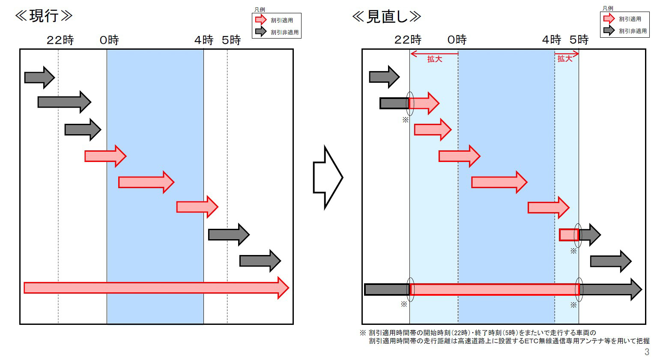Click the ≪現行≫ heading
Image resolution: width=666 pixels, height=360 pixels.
pos(44,16)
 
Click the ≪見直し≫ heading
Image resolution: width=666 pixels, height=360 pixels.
pos(386,16)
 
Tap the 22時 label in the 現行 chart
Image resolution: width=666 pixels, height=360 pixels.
pos(60,40)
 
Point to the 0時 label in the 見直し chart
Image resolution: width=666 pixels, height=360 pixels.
pos(457,40)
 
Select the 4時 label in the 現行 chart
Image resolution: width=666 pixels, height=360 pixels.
pos(203,40)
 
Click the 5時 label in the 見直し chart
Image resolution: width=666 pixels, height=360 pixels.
pos(579,40)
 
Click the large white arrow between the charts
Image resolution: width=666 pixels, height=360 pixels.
pos(328,177)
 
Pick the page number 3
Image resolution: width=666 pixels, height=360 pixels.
pos(647,352)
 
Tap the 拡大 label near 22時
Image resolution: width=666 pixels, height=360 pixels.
pos(434,59)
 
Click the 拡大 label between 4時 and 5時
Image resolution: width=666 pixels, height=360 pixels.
pos(565,59)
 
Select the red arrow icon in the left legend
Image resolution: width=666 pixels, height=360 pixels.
pos(261,20)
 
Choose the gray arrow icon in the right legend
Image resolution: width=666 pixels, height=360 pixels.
pos(609,30)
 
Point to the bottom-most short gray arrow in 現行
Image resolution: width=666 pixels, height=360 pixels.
pos(260,261)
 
